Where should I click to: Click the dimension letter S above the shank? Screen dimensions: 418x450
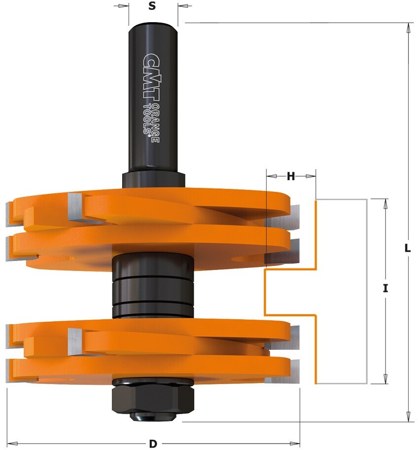point(152,5)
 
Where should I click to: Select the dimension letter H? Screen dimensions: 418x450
point(291,176)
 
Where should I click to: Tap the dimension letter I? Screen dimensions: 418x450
point(385,288)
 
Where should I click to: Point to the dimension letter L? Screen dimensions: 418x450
point(407,248)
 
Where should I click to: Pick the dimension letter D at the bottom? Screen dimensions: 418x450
point(153,444)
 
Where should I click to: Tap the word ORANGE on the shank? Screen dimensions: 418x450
point(155,122)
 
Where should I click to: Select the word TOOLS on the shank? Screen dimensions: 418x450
point(147,119)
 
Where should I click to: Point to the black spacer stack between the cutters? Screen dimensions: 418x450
point(153,286)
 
